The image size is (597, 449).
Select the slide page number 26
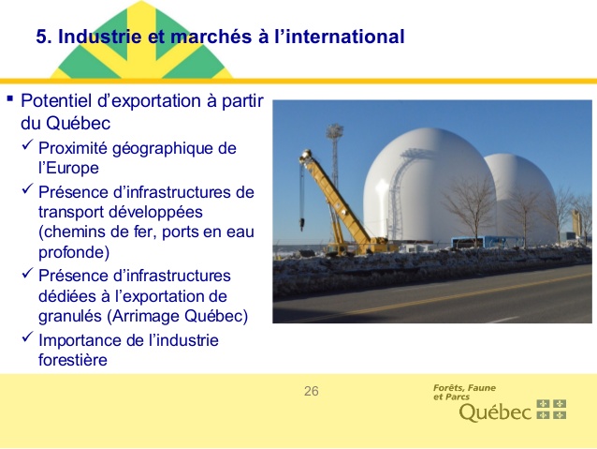click(x=311, y=391)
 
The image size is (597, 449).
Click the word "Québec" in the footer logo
click(x=495, y=412)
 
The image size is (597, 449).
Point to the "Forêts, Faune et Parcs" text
click(x=464, y=392)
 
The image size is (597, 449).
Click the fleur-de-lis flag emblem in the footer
click(x=551, y=410)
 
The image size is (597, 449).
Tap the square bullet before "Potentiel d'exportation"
click(x=10, y=98)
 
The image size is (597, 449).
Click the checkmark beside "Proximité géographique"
click(x=28, y=145)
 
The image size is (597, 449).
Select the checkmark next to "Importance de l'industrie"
click(x=28, y=337)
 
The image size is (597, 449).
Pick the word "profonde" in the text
click(x=74, y=252)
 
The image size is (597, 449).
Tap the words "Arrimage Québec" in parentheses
click(x=178, y=316)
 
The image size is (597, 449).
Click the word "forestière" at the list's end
click(x=73, y=360)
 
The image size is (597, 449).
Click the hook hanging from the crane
click(x=302, y=224)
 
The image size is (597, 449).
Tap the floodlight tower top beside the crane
click(x=335, y=131)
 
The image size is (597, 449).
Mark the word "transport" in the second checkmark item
click(x=71, y=212)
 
